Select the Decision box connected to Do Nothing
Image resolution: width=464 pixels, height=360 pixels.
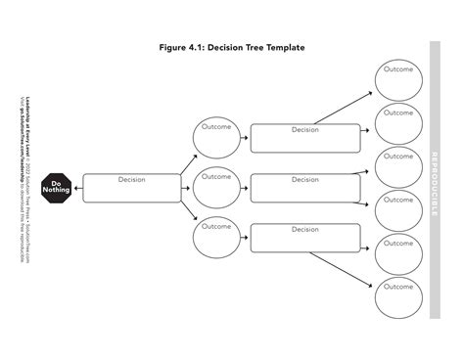[x=132, y=187]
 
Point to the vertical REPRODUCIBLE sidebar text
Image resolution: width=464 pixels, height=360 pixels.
[x=435, y=181]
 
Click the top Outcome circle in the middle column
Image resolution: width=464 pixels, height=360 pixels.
[x=216, y=138]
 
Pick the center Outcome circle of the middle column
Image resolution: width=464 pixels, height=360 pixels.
[x=216, y=187]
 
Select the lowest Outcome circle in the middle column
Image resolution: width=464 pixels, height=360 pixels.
[x=216, y=237]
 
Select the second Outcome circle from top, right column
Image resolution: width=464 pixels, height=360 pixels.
[x=398, y=123]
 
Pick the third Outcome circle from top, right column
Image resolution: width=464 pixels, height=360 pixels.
[x=398, y=167]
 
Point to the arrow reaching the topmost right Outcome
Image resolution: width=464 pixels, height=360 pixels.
[x=338, y=109]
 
